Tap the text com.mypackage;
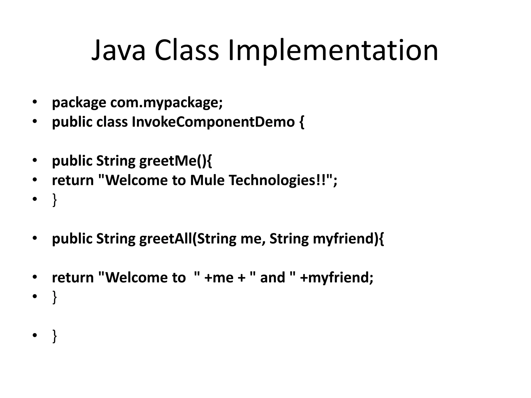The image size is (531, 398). pyautogui.click(x=166, y=103)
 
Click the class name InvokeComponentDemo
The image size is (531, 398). pyautogui.click(x=213, y=122)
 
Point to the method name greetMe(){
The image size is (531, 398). pyautogui.click(x=176, y=161)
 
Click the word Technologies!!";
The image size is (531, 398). pyautogui.click(x=283, y=180)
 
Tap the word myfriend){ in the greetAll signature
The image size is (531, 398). pyautogui.click(x=348, y=239)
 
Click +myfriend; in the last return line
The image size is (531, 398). pyautogui.click(x=337, y=278)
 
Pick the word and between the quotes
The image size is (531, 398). pyautogui.click(x=273, y=278)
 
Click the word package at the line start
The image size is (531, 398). pyautogui.click(x=79, y=103)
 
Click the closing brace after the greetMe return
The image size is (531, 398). pyautogui.click(x=54, y=200)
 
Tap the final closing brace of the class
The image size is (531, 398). pyautogui.click(x=54, y=336)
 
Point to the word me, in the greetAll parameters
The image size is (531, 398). pyautogui.click(x=253, y=239)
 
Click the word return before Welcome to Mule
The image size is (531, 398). pyautogui.click(x=73, y=180)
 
